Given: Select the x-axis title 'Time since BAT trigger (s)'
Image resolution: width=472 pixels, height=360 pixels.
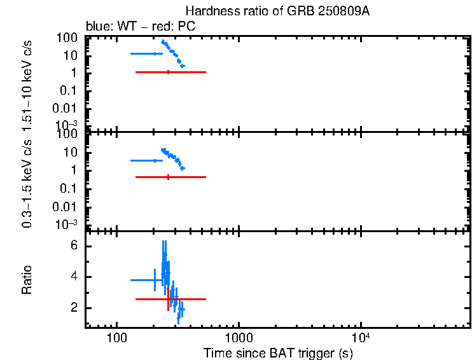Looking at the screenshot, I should coord(278,353).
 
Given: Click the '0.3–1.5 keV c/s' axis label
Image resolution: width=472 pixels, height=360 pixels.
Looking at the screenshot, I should coord(27,182).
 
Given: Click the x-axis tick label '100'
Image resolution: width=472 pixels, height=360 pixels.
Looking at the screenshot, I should coord(116,336).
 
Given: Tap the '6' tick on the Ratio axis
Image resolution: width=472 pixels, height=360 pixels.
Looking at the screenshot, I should coord(74,246).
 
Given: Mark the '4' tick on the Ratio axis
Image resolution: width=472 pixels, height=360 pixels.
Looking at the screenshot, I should coord(74,277).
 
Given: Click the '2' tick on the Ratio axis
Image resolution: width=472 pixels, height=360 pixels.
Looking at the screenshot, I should coord(74,308).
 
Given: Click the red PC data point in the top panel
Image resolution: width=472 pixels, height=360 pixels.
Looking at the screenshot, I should coord(168,73).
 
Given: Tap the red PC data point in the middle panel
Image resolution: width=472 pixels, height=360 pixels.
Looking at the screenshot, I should coord(168,177).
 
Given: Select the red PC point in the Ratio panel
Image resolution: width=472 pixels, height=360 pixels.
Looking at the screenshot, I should coord(168,299).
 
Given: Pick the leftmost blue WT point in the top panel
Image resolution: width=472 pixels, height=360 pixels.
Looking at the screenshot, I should coord(155,53).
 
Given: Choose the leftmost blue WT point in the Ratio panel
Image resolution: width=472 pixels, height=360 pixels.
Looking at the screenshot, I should coord(155,280).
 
